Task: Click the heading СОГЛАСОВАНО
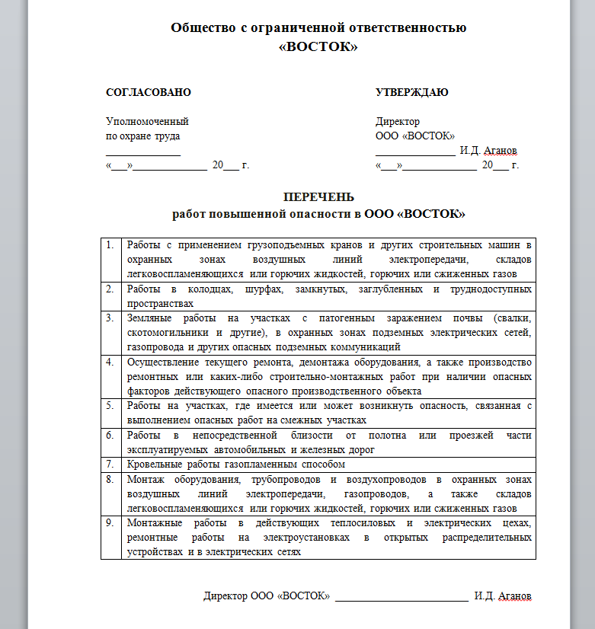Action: [148, 93]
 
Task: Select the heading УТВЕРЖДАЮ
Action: [411, 93]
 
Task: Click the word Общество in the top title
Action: [203, 28]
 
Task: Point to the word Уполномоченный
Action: [146, 122]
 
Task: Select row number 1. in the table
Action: [110, 245]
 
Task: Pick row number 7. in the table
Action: [110, 464]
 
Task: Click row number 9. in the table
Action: [110, 523]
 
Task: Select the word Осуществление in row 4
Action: [162, 362]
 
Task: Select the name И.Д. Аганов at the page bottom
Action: [502, 595]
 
